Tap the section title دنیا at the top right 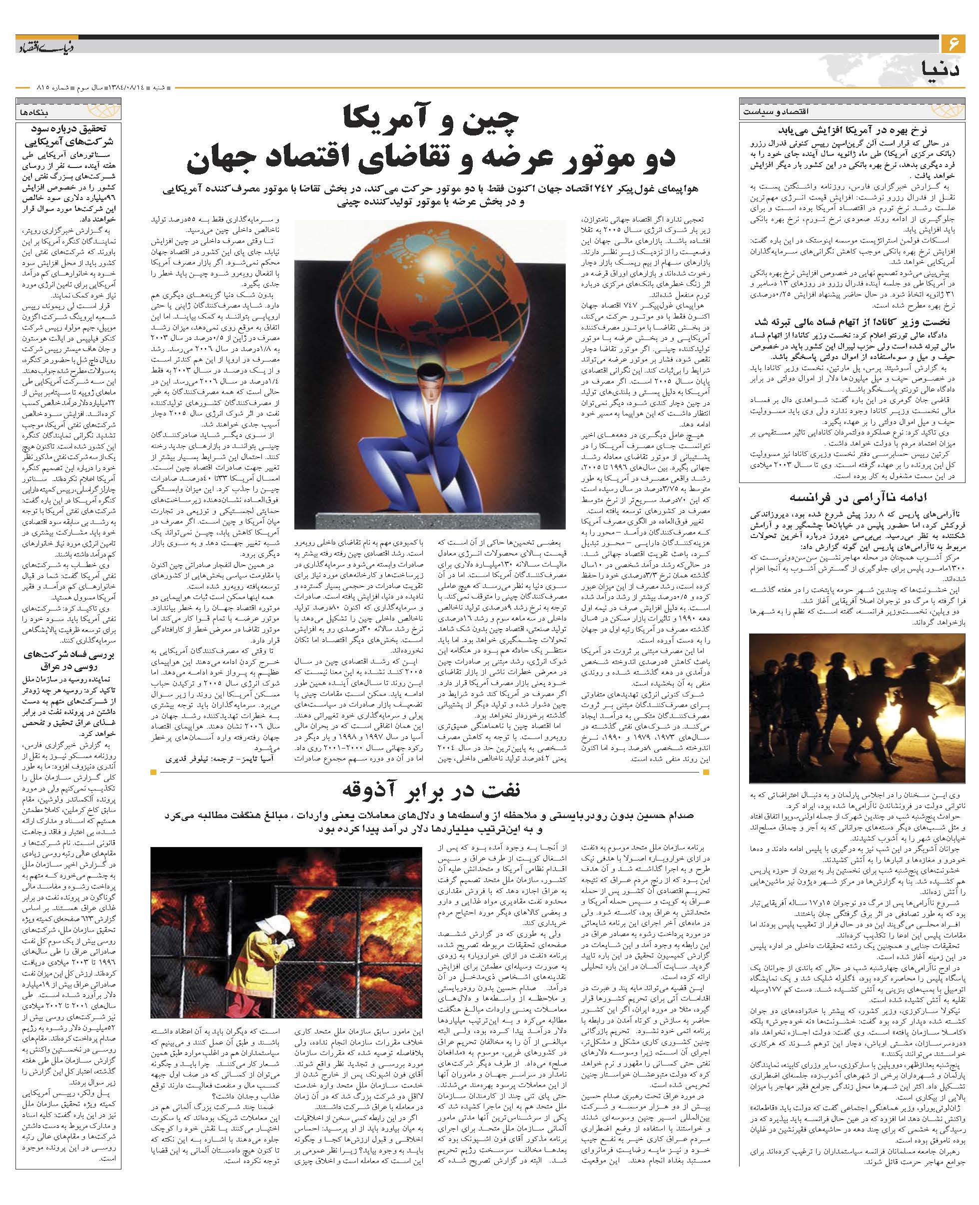[944, 68]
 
